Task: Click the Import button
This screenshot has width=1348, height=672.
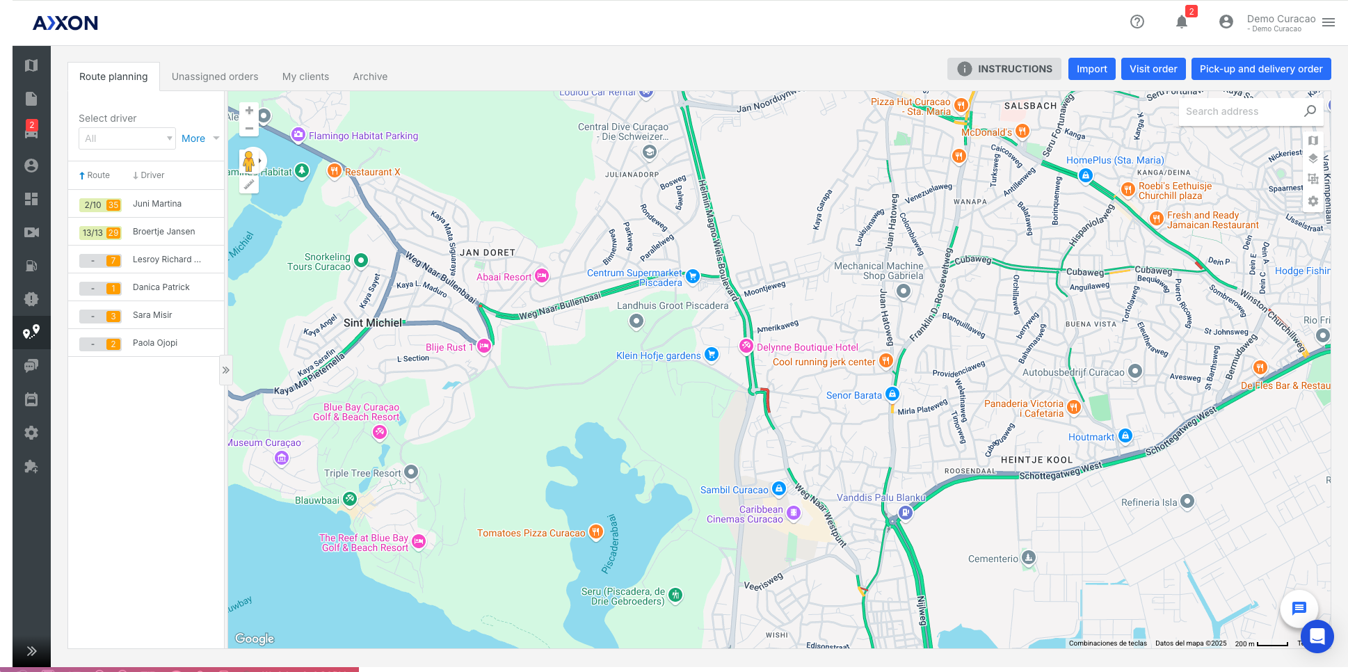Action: [1091, 69]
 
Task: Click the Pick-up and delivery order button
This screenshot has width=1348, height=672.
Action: [1260, 69]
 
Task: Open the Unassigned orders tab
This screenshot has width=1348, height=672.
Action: [215, 77]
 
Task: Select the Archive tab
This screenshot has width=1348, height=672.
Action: [370, 77]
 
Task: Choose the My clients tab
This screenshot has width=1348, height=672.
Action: [305, 77]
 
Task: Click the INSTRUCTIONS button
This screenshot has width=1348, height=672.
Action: [1004, 69]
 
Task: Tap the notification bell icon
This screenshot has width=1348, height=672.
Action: [1181, 22]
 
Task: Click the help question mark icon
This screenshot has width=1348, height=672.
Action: [1137, 22]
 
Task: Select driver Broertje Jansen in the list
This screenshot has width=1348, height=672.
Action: [163, 232]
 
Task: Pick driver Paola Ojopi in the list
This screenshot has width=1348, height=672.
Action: [155, 343]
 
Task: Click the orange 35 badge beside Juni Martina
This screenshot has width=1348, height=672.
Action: [113, 205]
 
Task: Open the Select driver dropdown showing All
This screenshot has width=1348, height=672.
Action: [127, 138]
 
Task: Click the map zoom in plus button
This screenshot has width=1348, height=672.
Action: [249, 111]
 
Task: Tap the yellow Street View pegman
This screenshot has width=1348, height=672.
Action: [248, 161]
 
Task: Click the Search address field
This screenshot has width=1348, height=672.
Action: [1238, 111]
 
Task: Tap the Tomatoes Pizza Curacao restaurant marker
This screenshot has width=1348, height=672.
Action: [595, 532]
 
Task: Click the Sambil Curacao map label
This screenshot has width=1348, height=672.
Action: [734, 490]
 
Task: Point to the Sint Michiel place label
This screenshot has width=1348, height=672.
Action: [373, 323]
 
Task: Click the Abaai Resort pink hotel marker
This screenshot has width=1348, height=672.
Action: [541, 276]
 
